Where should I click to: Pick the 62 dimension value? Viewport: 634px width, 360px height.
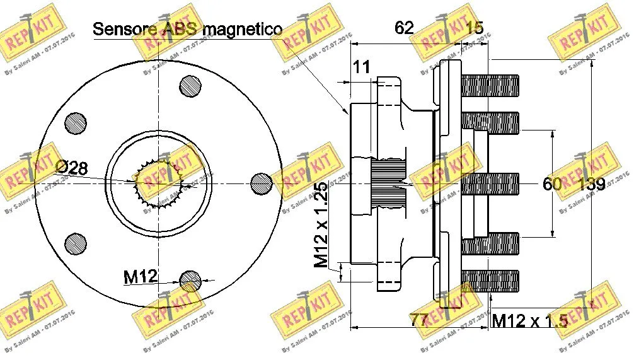click(404, 27)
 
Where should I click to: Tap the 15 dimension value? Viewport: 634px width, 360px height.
click(474, 27)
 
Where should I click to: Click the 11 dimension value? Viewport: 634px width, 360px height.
click(361, 67)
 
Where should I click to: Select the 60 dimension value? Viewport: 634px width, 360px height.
click(552, 184)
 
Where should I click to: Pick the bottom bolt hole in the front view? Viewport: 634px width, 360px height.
click(190, 280)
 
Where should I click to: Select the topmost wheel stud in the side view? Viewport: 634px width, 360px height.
click(490, 83)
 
